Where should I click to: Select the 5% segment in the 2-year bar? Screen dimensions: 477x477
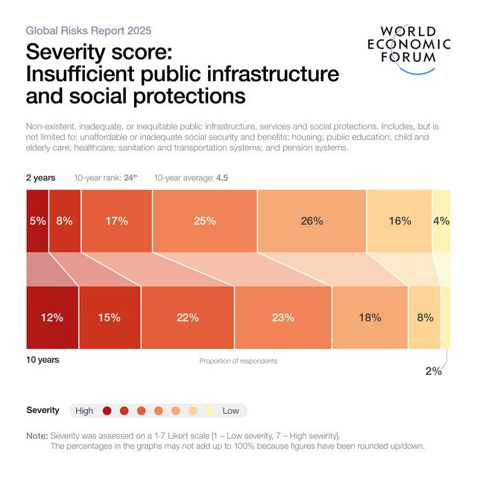pyautogui.click(x=37, y=221)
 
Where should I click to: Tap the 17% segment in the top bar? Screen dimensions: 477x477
pyautogui.click(x=116, y=221)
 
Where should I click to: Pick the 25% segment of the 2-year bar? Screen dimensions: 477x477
pyautogui.click(x=204, y=221)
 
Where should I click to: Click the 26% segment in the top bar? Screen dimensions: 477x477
pyautogui.click(x=312, y=221)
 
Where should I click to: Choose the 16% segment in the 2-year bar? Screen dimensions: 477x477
pyautogui.click(x=399, y=221)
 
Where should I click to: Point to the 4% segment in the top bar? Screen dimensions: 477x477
pyautogui.click(x=441, y=221)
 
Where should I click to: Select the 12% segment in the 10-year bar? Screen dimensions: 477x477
pyautogui.click(x=52, y=318)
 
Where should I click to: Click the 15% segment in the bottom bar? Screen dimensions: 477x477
pyautogui.click(x=109, y=318)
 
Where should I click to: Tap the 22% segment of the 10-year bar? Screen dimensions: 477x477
pyautogui.click(x=187, y=318)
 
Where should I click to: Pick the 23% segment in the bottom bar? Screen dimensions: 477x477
pyautogui.click(x=282, y=318)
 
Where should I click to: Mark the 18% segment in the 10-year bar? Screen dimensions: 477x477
pyautogui.click(x=370, y=318)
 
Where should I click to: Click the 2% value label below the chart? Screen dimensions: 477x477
pyautogui.click(x=433, y=371)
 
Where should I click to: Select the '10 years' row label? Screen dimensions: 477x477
pyautogui.click(x=43, y=359)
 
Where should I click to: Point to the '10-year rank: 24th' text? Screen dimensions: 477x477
pyautogui.click(x=106, y=178)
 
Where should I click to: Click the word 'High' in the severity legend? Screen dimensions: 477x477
pyautogui.click(x=84, y=411)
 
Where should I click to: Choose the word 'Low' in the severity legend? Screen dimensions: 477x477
pyautogui.click(x=231, y=411)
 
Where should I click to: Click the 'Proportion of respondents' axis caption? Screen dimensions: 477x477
pyautogui.click(x=238, y=361)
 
